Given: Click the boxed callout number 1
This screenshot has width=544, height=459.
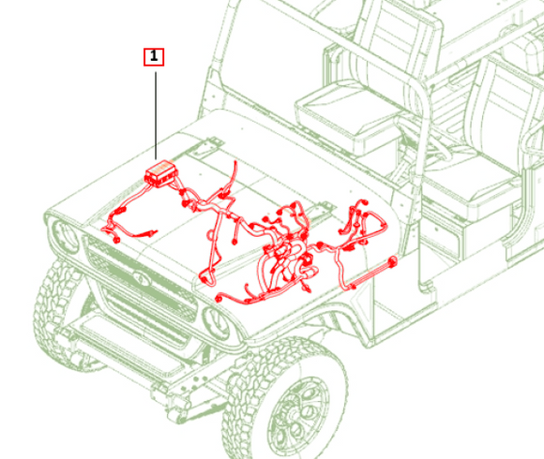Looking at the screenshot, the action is (154, 57).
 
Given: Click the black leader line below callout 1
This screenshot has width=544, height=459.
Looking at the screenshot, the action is (156, 116).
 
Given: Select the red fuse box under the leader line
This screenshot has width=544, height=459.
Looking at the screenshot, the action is (160, 173).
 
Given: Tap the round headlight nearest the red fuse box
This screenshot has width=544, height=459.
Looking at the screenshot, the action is (66, 237).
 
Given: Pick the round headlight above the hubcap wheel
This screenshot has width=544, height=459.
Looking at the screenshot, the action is (217, 323).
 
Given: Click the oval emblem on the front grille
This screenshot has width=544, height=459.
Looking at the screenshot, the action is (141, 277).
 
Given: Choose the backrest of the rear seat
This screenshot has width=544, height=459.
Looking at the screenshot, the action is (503, 104).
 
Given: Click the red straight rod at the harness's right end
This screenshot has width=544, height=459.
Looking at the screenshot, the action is (373, 273).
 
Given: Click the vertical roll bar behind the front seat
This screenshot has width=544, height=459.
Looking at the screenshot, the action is (421, 173).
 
